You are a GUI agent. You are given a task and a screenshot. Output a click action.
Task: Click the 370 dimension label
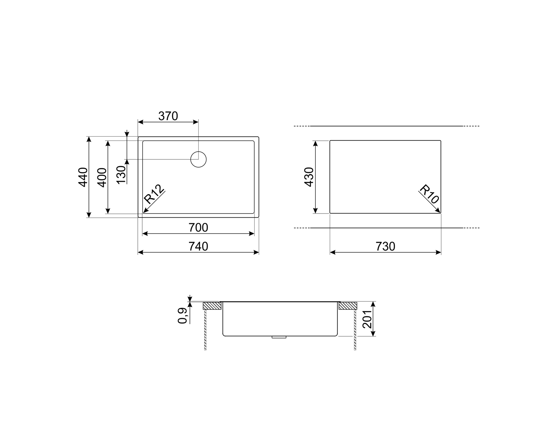click(168, 116)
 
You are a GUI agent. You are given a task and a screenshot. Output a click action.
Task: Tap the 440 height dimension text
click(83, 177)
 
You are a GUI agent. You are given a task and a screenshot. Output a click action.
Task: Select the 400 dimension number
click(102, 178)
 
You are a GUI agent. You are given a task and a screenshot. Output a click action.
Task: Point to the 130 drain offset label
click(121, 175)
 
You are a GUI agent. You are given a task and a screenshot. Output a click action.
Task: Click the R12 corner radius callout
click(154, 194)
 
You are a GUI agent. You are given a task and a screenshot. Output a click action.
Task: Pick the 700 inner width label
click(198, 228)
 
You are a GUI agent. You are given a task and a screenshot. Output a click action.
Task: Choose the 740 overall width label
click(198, 246)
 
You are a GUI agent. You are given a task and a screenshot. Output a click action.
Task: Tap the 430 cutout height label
click(309, 177)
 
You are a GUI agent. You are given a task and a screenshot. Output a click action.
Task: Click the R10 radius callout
click(429, 194)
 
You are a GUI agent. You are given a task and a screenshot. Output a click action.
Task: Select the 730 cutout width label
click(385, 246)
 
